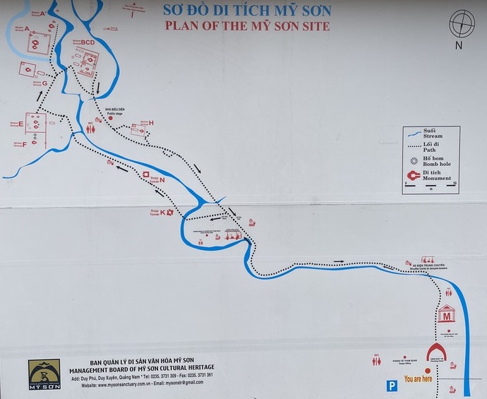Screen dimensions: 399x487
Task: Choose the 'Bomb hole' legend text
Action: [435, 164]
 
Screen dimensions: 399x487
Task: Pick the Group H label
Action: [150, 123]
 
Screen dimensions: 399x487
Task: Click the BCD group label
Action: [88, 42]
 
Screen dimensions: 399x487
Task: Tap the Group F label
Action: [24, 145]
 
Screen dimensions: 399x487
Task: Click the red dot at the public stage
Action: [111, 118]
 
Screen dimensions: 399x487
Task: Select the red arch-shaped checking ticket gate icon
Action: [436, 352]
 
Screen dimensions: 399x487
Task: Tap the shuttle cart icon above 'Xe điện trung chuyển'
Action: [428, 261]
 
